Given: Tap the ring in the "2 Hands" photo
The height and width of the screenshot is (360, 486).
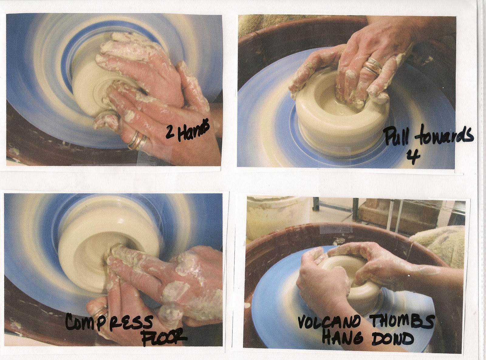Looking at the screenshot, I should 137,141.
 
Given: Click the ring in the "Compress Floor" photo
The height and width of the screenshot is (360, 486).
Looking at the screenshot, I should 100,312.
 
